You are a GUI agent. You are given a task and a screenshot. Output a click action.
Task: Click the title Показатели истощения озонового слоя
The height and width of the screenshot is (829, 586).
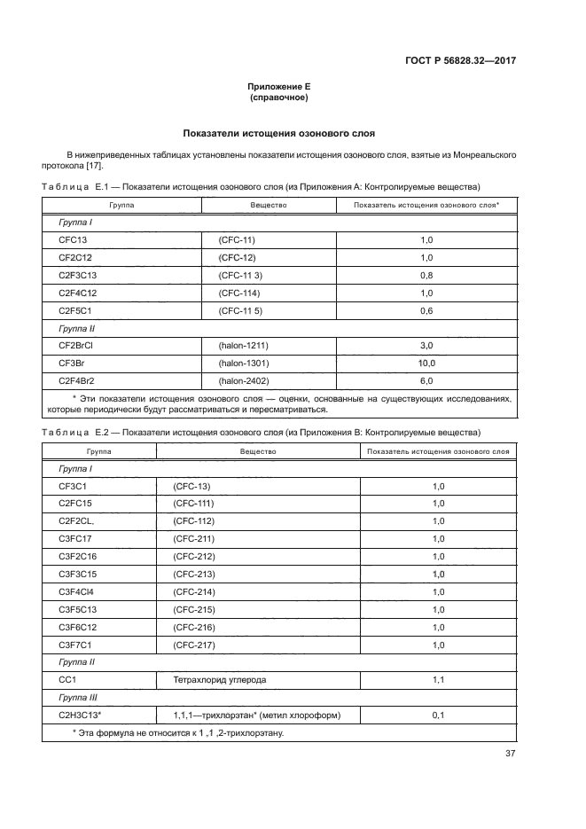point(278,134)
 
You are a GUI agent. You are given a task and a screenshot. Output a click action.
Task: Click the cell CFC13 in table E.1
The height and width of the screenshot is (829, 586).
point(74,239)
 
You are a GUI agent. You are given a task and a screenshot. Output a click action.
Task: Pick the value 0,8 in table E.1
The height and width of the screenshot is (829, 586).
point(426,275)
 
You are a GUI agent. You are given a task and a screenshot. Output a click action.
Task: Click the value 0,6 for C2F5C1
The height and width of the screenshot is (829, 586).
point(426,310)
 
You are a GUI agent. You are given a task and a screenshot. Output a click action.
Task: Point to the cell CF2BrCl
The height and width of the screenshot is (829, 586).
point(78,346)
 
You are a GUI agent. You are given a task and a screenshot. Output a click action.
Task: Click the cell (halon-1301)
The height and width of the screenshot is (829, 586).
point(244,364)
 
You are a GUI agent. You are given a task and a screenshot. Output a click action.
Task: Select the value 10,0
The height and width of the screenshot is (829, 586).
point(426,364)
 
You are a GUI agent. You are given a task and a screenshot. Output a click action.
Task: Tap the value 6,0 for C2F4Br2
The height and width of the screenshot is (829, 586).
point(426,380)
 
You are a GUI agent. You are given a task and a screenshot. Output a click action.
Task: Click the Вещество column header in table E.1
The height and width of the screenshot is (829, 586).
point(269,205)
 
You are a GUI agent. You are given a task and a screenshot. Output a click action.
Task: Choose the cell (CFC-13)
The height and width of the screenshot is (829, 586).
point(192,487)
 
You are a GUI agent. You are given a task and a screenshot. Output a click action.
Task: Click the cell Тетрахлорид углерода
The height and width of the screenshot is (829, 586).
point(212,679)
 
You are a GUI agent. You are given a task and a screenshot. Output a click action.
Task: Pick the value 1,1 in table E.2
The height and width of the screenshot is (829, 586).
point(437,679)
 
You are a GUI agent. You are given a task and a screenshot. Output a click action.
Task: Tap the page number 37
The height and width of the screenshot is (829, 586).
point(510,754)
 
